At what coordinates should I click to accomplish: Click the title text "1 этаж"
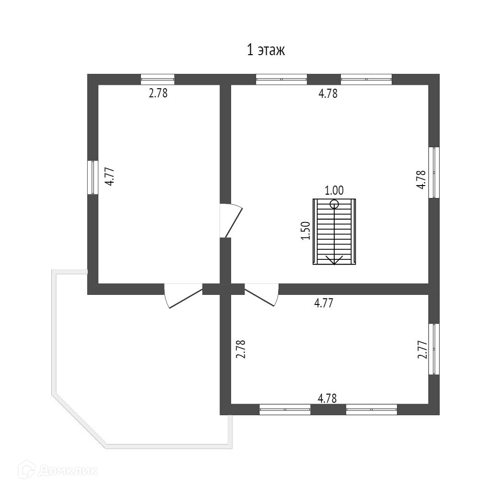click(x=266, y=50)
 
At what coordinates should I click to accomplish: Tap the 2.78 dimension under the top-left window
click(x=158, y=93)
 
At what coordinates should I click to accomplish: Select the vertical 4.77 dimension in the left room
click(x=110, y=176)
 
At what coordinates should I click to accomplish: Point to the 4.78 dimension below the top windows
click(x=328, y=94)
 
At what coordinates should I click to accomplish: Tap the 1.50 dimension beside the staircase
click(x=307, y=231)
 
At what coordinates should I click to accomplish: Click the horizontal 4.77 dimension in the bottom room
click(x=324, y=303)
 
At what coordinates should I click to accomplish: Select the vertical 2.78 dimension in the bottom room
click(x=241, y=350)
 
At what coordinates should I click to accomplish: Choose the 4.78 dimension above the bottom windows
click(x=327, y=398)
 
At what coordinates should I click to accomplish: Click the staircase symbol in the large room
click(x=334, y=232)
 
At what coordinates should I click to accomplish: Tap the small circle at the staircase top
click(x=334, y=204)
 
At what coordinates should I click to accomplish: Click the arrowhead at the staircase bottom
click(x=334, y=260)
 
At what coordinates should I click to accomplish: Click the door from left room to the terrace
click(x=183, y=295)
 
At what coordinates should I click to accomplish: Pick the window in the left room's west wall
click(x=93, y=177)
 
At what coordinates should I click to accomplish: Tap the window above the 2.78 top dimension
click(x=158, y=79)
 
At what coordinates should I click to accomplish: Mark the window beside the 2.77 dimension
click(x=434, y=349)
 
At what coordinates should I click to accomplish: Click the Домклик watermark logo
click(x=58, y=470)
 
